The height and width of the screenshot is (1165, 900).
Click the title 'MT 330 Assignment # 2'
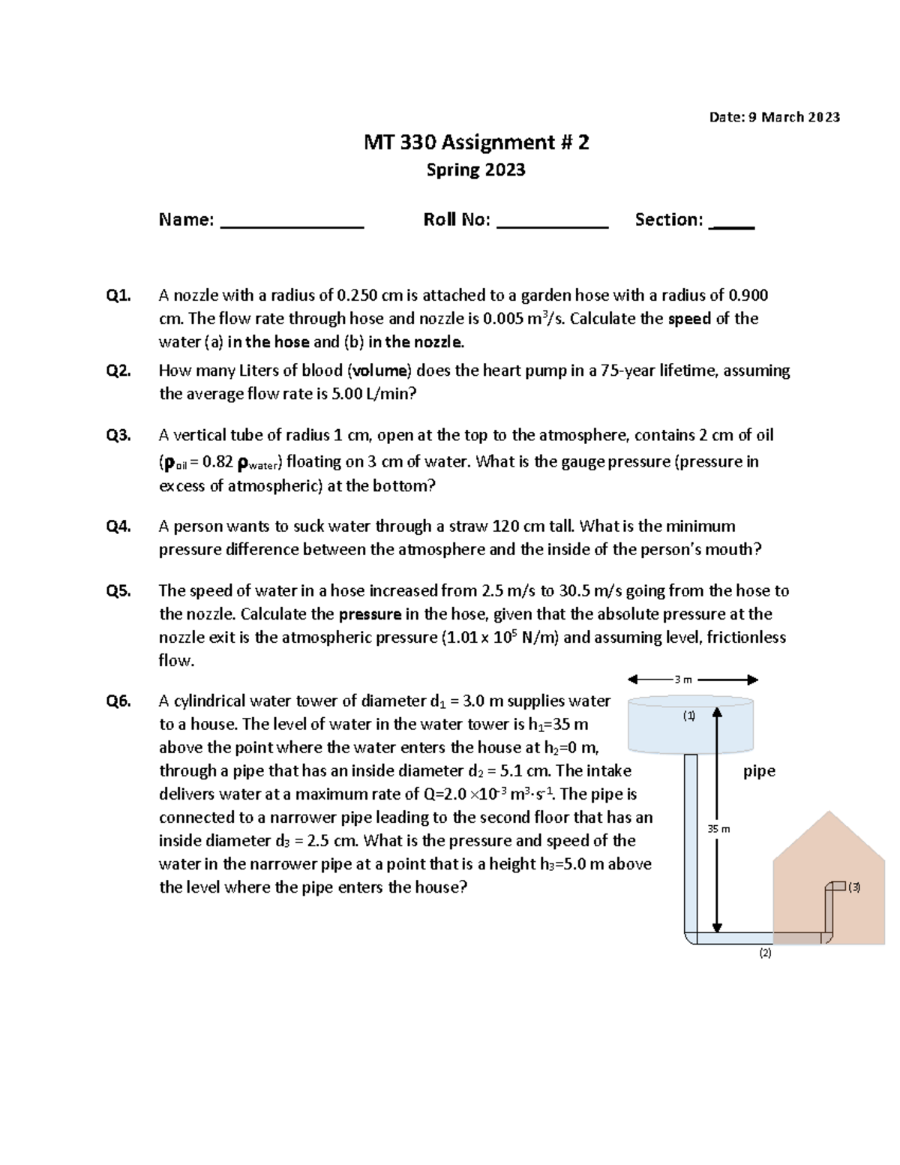click(476, 143)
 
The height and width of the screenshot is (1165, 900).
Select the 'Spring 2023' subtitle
click(475, 170)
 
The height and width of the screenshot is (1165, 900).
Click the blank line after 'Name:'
click(292, 224)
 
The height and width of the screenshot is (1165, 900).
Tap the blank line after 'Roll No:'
click(552, 224)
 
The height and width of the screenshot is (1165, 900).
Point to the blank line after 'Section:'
click(731, 224)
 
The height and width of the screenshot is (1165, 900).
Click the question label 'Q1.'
click(118, 296)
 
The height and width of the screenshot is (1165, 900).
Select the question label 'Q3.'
click(118, 436)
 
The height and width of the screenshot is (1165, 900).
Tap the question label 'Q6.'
click(118, 701)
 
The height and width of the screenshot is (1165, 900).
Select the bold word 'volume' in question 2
click(382, 371)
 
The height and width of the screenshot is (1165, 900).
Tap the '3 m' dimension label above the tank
click(682, 680)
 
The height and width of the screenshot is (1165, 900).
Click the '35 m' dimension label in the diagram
click(718, 829)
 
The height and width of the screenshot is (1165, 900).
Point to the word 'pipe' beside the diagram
click(759, 771)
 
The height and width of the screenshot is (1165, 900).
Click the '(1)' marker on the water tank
click(688, 716)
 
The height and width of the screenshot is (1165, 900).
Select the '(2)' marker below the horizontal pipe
click(765, 953)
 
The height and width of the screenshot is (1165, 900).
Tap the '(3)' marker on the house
click(854, 887)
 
